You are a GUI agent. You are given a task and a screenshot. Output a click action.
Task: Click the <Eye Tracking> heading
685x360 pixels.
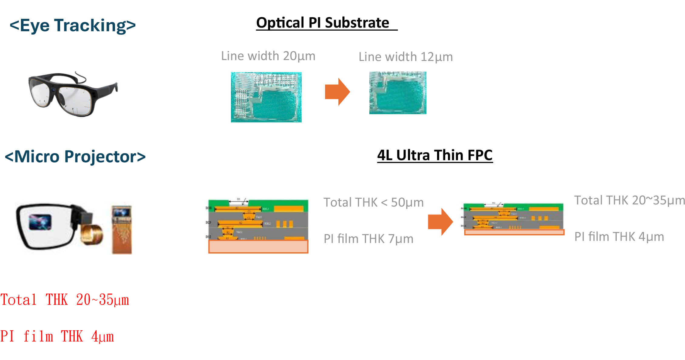pyautogui.click(x=73, y=25)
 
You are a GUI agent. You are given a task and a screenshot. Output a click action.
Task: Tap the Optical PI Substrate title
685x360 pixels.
pyautogui.click(x=323, y=23)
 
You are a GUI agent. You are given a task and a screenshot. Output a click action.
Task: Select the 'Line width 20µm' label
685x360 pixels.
pyautogui.click(x=268, y=56)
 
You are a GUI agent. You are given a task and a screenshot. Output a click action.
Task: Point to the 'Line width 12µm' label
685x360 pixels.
pyautogui.click(x=405, y=57)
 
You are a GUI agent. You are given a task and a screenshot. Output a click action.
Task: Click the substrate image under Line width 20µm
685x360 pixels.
pyautogui.click(x=266, y=97)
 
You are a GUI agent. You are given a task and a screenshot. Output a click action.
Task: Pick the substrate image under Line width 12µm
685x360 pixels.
pyautogui.click(x=398, y=93)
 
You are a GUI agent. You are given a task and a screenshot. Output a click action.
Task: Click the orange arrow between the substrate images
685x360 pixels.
pyautogui.click(x=337, y=92)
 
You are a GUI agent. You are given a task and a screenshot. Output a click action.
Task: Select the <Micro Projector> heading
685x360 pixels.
pyautogui.click(x=75, y=157)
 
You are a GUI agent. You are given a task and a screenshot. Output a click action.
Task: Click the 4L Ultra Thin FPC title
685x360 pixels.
pyautogui.click(x=435, y=155)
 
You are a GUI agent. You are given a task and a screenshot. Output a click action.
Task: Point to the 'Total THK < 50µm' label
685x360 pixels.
pyautogui.click(x=373, y=203)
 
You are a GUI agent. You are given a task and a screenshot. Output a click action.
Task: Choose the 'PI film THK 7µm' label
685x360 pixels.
pyautogui.click(x=368, y=239)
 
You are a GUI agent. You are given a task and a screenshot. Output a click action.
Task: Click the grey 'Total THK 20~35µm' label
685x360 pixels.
pyautogui.click(x=629, y=200)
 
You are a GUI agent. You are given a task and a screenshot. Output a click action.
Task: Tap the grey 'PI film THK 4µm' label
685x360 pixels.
pyautogui.click(x=619, y=237)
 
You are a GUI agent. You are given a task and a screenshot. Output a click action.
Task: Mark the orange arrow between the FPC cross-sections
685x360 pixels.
pyautogui.click(x=440, y=222)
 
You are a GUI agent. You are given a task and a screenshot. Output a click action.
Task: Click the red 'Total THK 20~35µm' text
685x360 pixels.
pyautogui.click(x=65, y=300)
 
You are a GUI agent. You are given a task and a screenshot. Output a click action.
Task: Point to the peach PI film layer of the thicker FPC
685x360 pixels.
pyautogui.click(x=258, y=247)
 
